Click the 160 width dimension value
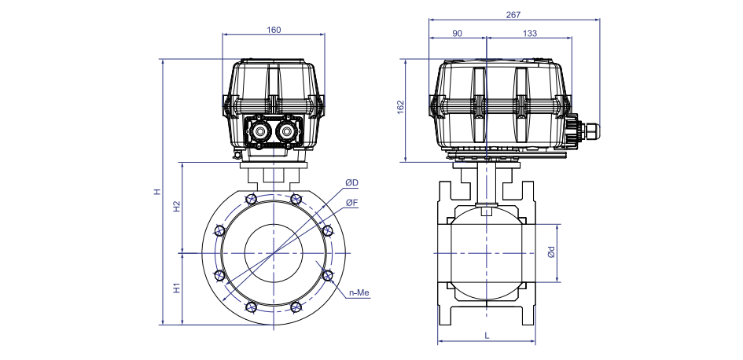coord(274,30)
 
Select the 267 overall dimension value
coord(513,15)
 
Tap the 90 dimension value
coord(458,33)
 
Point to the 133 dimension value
coord(530,33)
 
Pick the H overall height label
coord(157,192)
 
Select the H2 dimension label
coord(177,207)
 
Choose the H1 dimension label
coord(177,288)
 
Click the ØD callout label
coord(351,183)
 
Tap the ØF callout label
coord(351,203)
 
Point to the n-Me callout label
coord(359,293)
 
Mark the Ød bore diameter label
coord(550,253)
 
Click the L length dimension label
coord(487,336)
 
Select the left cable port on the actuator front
coord(259,130)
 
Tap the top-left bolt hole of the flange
coord(251,199)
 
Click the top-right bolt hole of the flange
coord(296,199)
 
